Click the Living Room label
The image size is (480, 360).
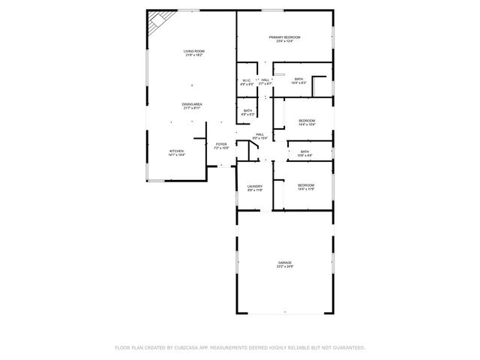[194, 51]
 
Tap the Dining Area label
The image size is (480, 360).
[192, 104]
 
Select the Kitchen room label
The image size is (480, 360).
[176, 151]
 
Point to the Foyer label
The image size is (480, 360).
[221, 144]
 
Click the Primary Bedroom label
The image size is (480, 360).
[285, 37]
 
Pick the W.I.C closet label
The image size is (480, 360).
[246, 80]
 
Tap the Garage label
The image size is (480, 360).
[284, 262]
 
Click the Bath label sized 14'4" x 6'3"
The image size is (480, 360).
[298, 79]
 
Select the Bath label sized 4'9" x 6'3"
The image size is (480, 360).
[248, 111]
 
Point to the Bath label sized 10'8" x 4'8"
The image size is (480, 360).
[304, 151]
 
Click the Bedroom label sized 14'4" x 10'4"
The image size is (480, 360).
[307, 121]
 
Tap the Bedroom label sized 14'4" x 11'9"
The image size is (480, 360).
[305, 184]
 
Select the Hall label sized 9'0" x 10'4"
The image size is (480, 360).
[259, 134]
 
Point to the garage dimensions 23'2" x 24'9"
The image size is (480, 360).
[284, 266]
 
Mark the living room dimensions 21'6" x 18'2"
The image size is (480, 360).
[194, 55]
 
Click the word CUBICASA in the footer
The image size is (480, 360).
[193, 347]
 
